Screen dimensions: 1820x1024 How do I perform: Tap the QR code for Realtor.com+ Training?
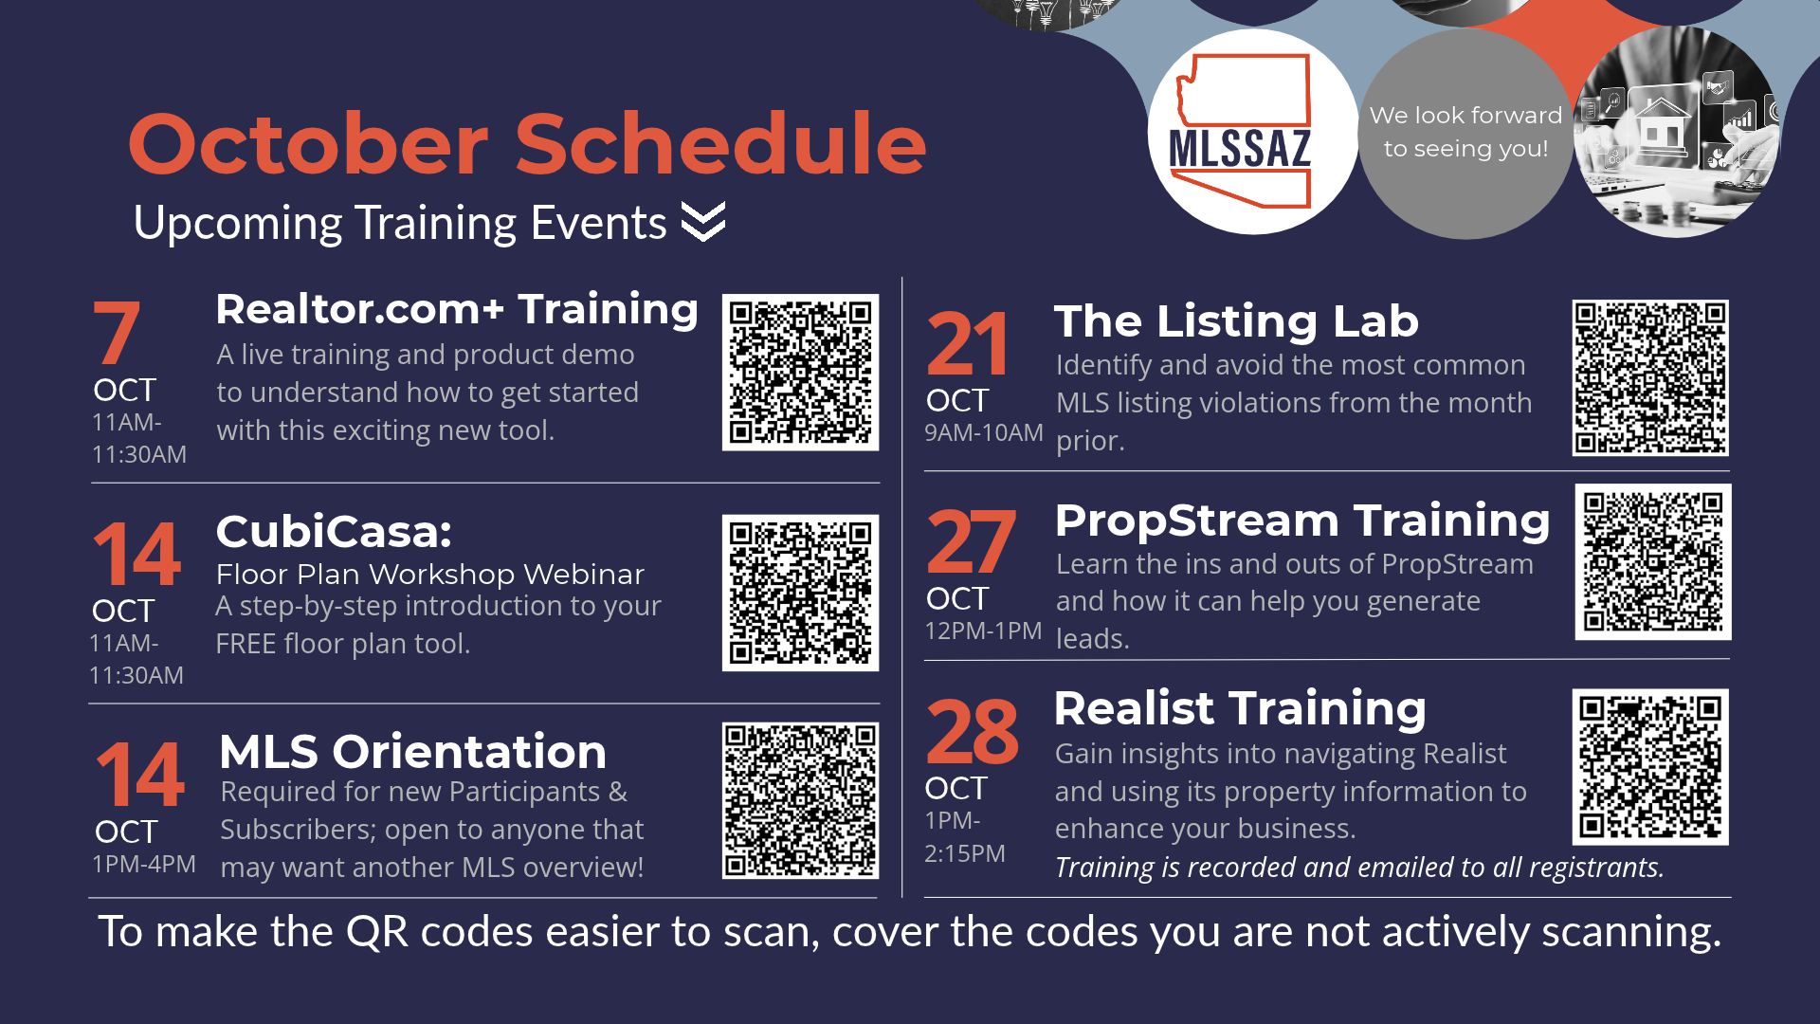[800, 372]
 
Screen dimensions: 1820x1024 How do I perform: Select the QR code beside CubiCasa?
[800, 593]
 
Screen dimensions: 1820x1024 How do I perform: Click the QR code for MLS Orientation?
[800, 800]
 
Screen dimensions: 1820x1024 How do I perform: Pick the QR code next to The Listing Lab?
[1650, 377]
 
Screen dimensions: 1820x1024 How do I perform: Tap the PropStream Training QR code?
[1653, 562]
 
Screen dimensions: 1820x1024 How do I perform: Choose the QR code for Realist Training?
[1650, 767]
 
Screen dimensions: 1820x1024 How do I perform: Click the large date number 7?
[117, 332]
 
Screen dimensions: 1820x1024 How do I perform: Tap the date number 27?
[971, 541]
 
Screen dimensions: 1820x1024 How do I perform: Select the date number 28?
[972, 731]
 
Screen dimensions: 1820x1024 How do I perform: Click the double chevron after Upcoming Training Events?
[703, 222]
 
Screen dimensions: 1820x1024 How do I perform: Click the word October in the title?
[308, 144]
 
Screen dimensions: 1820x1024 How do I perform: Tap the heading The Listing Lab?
[1236, 321]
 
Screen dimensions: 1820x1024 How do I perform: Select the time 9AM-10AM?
[984, 432]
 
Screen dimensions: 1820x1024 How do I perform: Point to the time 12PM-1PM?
[983, 631]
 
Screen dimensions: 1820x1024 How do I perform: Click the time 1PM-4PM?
[144, 864]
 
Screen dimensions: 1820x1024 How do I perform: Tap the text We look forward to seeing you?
[1465, 132]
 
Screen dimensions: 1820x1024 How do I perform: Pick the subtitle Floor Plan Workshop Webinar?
[429, 575]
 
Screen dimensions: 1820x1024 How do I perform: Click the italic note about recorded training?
[1359, 868]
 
